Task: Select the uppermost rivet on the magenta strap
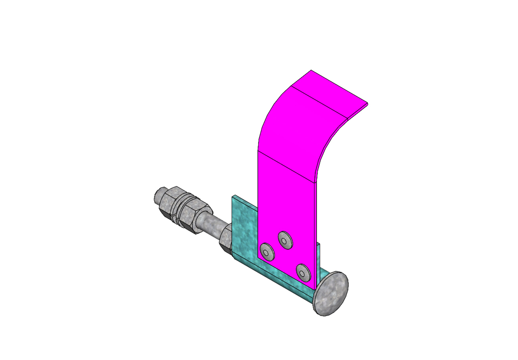click(285, 240)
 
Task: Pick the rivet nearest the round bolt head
click(303, 273)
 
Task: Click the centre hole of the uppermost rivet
click(285, 240)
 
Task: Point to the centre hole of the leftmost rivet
click(266, 252)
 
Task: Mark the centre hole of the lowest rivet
click(303, 273)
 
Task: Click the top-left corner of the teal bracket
click(233, 196)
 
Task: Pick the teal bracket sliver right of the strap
click(319, 259)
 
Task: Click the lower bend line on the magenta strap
click(287, 167)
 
